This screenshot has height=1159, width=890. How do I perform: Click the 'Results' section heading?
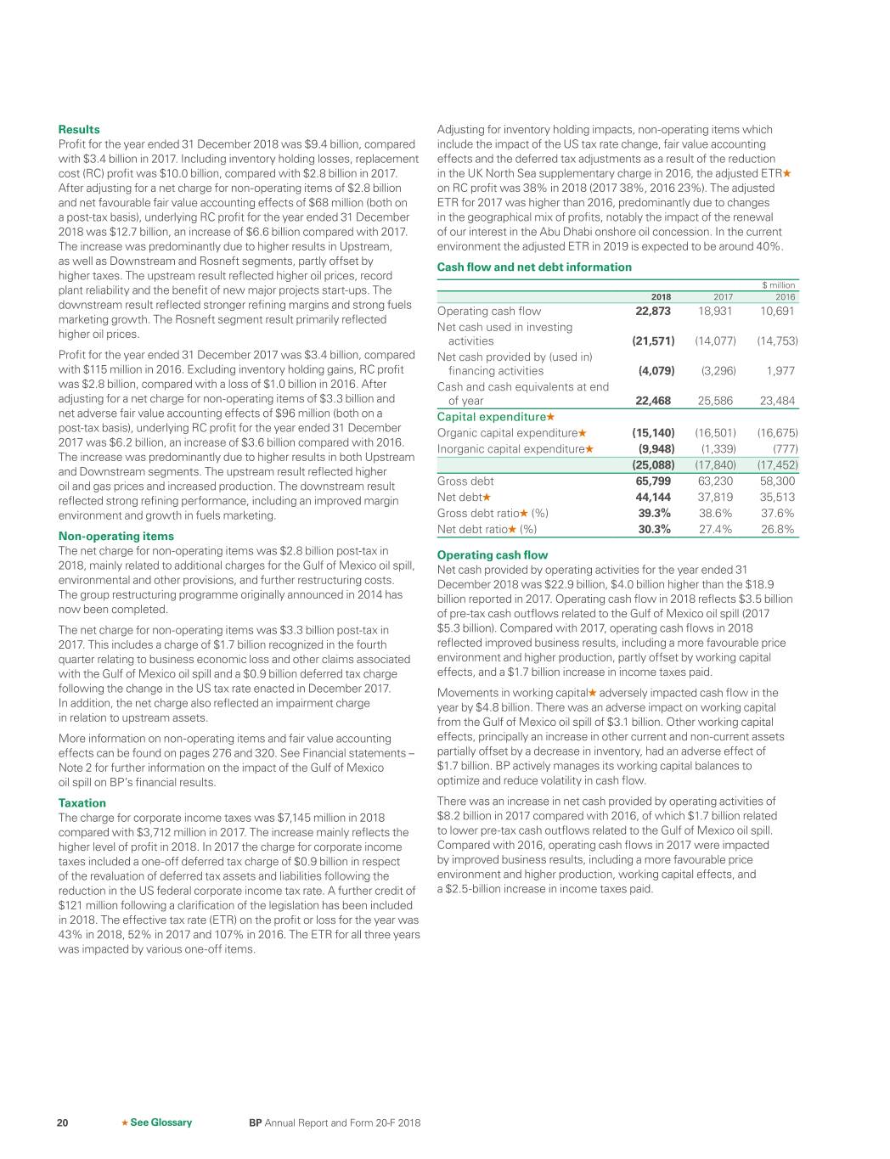[x=78, y=130]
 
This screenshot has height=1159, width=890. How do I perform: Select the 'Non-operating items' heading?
[x=115, y=537]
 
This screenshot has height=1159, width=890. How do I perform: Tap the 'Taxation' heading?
[x=82, y=803]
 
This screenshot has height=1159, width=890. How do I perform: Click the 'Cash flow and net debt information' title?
[x=534, y=267]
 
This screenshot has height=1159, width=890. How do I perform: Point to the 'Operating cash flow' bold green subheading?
[x=492, y=555]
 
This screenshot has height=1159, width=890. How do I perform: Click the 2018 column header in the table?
[x=660, y=297]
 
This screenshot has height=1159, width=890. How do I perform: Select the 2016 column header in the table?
[x=785, y=297]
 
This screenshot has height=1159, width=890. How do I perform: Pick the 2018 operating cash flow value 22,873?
[x=653, y=312]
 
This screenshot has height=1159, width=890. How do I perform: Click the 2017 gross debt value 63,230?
[x=715, y=481]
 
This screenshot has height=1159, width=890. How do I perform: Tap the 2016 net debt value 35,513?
[x=777, y=498]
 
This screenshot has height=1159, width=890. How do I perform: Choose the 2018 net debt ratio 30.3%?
[x=654, y=529]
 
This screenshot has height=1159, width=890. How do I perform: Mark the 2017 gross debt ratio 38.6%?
[x=716, y=514]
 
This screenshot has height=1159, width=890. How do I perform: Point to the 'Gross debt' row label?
[x=465, y=481]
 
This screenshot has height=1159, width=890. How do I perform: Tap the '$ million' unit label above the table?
[x=778, y=285]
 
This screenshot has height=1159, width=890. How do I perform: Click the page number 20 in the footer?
[x=63, y=1122]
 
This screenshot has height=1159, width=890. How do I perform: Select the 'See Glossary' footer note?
[x=161, y=1122]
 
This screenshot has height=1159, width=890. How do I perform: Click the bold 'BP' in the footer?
[x=255, y=1122]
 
